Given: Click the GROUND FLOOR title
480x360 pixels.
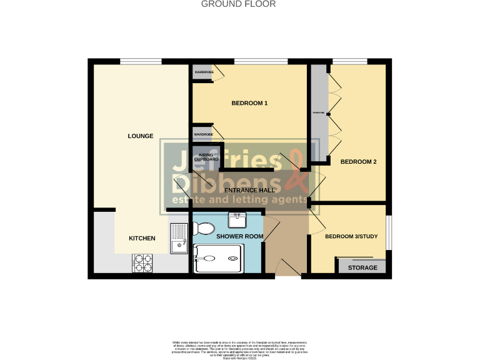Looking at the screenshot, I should [x=238, y=4].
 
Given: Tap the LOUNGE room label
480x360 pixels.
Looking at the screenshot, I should [x=141, y=136].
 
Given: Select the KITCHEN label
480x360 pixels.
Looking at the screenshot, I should [x=142, y=238].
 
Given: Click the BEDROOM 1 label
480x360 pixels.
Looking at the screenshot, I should [x=249, y=103].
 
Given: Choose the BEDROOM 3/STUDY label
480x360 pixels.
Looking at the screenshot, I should [x=351, y=237].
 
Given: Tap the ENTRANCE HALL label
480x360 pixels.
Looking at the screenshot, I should [x=250, y=189].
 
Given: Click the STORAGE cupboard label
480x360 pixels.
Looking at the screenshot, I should [x=362, y=267].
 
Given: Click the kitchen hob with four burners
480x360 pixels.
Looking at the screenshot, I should [x=142, y=263].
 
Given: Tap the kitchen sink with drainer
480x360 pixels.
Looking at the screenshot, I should [x=179, y=238].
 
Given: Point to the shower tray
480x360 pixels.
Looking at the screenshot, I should [x=218, y=259].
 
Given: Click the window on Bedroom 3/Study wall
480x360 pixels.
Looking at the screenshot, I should [x=388, y=232].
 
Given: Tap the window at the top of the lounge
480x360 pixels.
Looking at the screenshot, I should [x=141, y=61].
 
